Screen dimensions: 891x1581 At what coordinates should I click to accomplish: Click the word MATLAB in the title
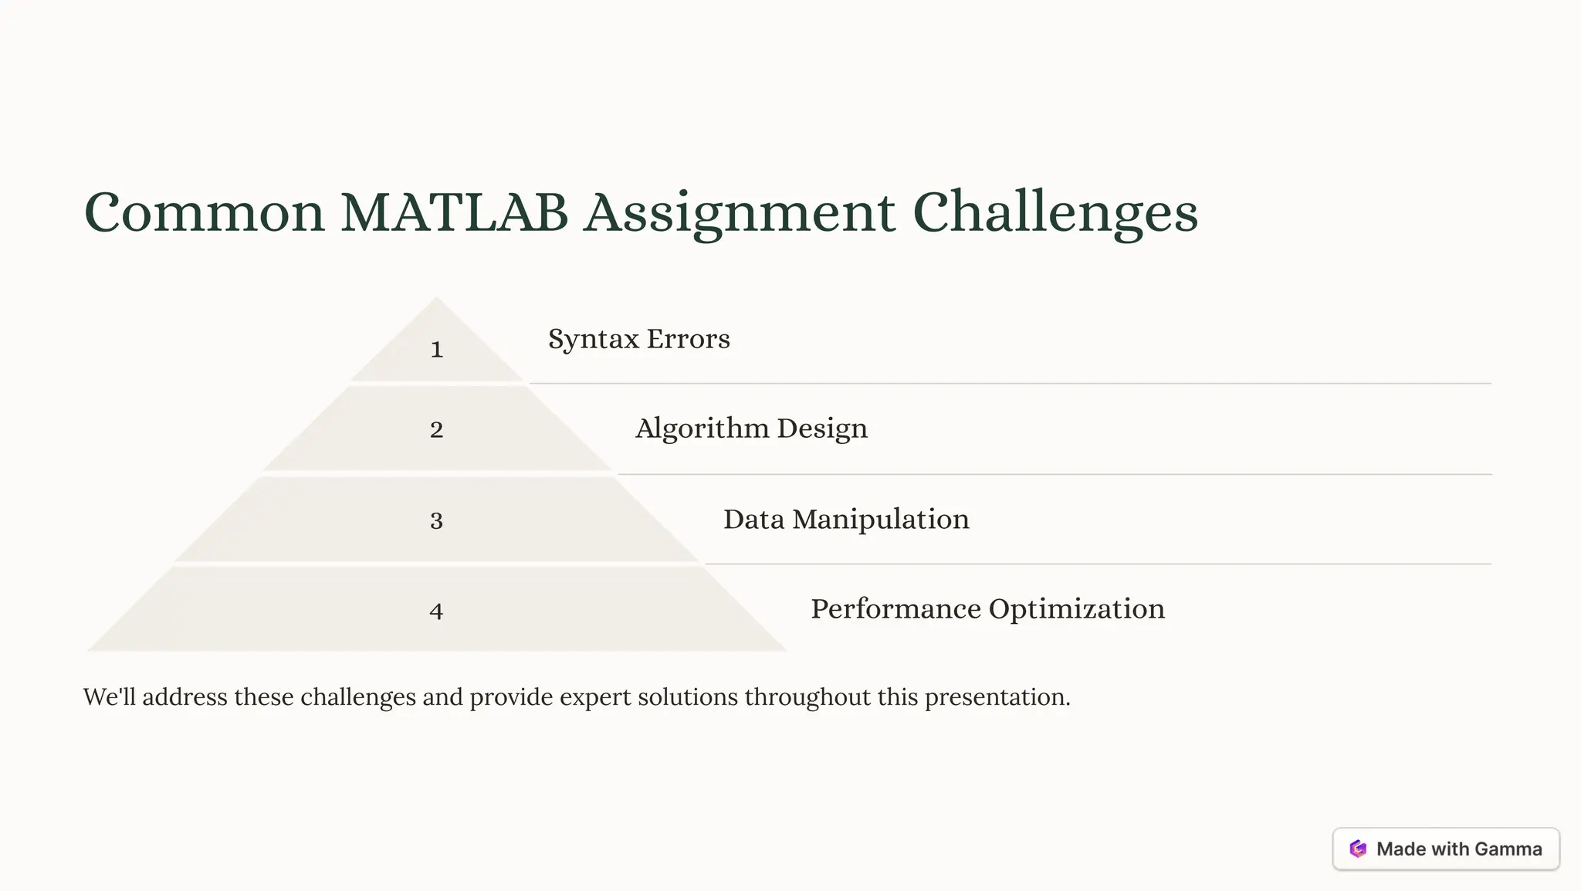click(454, 212)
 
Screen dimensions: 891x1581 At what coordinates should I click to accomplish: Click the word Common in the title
click(204, 212)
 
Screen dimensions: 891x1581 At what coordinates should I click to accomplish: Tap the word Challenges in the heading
click(1055, 212)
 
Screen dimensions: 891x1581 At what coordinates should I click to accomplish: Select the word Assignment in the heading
click(740, 212)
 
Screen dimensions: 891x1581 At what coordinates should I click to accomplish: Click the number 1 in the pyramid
click(437, 350)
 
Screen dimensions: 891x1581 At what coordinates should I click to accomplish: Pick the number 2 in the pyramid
click(437, 429)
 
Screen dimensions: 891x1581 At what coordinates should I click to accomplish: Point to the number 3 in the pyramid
click(437, 520)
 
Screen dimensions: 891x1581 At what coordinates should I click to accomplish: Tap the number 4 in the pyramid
click(437, 612)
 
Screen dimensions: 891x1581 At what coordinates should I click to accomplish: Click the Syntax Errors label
click(638, 339)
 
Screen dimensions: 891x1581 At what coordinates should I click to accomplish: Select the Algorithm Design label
click(751, 429)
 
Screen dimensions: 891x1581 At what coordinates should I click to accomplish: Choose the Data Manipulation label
click(846, 519)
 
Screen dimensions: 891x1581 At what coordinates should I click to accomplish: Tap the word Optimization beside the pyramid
click(1076, 609)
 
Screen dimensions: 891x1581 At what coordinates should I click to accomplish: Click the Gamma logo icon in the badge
click(1358, 849)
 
